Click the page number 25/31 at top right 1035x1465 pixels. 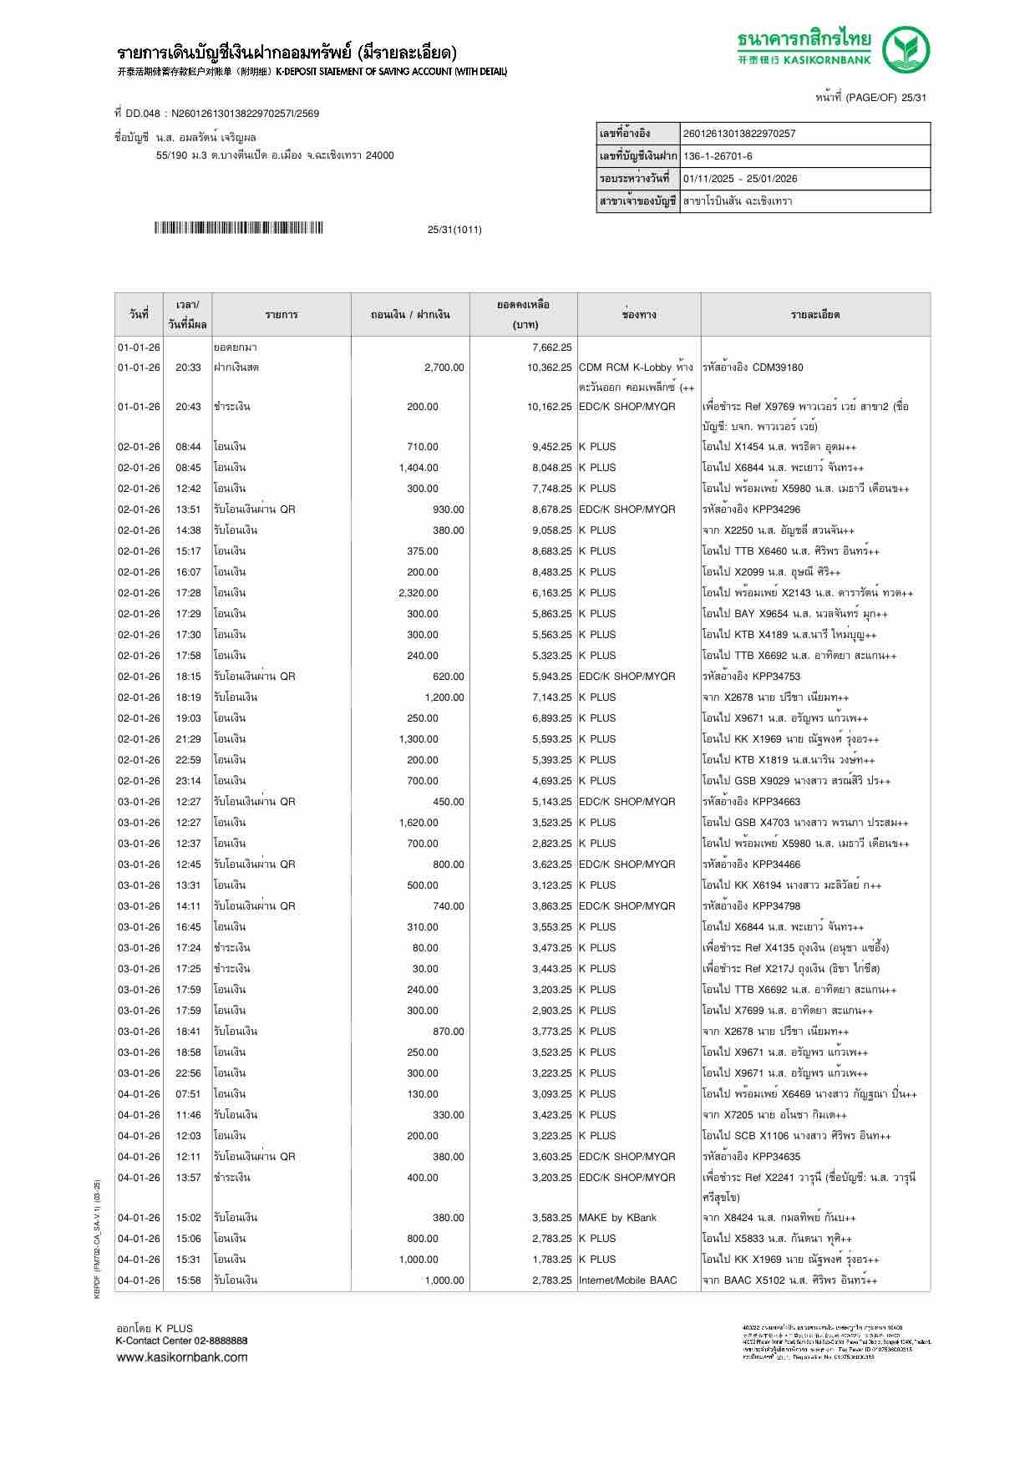[x=913, y=98]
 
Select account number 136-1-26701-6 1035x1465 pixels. [x=718, y=156]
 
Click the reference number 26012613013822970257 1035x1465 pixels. [x=739, y=134]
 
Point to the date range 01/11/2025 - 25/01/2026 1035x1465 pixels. [x=740, y=179]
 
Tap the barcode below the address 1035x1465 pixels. [x=238, y=228]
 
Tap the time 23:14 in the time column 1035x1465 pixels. [x=188, y=781]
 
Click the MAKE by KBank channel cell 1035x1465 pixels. [x=617, y=1218]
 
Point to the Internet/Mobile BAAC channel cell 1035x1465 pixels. [x=627, y=1280]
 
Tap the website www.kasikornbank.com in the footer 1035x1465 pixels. [x=182, y=1357]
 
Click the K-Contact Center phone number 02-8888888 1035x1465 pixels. [x=221, y=1341]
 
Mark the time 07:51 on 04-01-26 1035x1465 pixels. [x=188, y=1094]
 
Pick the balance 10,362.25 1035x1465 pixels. [x=549, y=368]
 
